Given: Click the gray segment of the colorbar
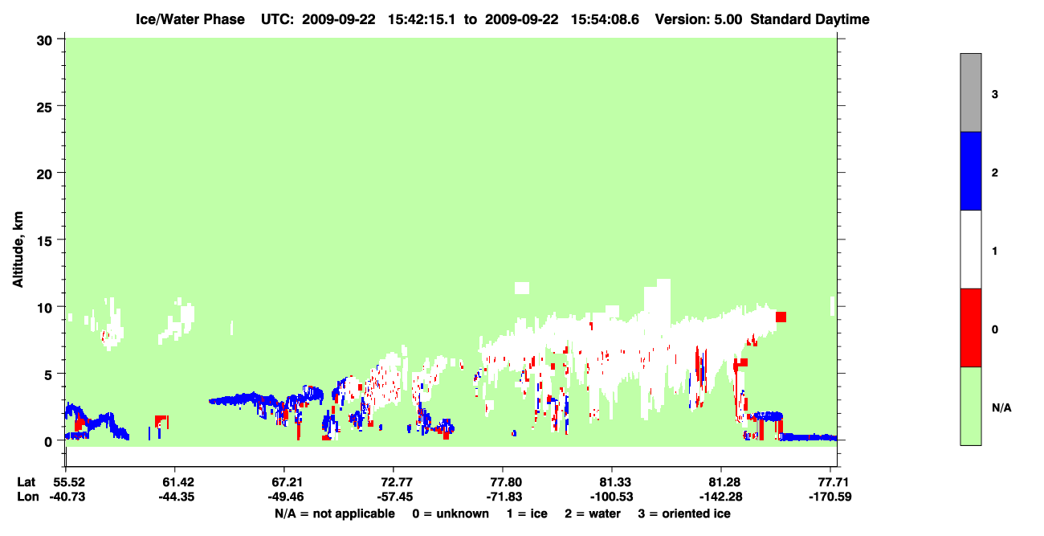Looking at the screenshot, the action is pyautogui.click(x=970, y=92).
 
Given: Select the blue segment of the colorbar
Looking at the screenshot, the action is pyautogui.click(x=970, y=170).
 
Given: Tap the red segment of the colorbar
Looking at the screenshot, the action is pyautogui.click(x=970, y=328).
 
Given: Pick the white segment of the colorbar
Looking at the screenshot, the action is pyautogui.click(x=970, y=249).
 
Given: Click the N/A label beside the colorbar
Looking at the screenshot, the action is pyautogui.click(x=1001, y=407).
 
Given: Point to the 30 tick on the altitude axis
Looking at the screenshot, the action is pyautogui.click(x=44, y=41).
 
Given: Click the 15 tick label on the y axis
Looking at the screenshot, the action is pyautogui.click(x=44, y=239).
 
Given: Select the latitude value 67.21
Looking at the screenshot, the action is pyautogui.click(x=284, y=481).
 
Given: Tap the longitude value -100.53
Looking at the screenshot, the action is pyautogui.click(x=611, y=497).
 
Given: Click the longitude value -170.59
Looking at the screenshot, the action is pyautogui.click(x=830, y=497).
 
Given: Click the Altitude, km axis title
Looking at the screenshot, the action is pyautogui.click(x=18, y=250).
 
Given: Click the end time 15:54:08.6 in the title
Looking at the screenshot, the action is pyautogui.click(x=605, y=19).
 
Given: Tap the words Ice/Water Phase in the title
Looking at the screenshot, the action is pyautogui.click(x=190, y=19).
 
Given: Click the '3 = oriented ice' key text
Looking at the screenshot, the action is pyautogui.click(x=684, y=513).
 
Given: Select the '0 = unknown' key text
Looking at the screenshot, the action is pyautogui.click(x=451, y=513).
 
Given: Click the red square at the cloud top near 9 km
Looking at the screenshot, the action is pyautogui.click(x=781, y=317).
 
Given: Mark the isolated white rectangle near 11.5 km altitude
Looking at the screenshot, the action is pyautogui.click(x=521, y=288).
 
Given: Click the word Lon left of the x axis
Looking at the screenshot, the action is pyautogui.click(x=28, y=497).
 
